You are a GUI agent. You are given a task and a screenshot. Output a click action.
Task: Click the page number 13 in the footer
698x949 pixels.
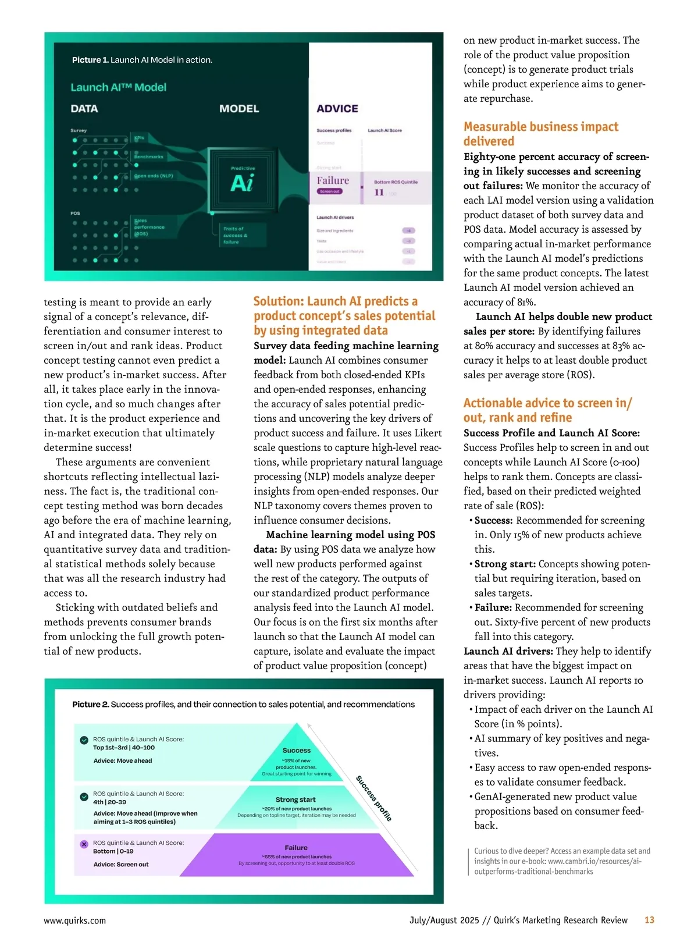649,920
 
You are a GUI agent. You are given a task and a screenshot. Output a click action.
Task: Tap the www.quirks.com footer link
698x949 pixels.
75,920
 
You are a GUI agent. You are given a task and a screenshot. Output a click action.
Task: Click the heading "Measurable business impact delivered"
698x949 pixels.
540,134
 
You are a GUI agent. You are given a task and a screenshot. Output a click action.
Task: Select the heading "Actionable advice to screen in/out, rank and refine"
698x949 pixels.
547,410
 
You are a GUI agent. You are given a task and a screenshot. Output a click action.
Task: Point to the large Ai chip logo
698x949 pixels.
242,183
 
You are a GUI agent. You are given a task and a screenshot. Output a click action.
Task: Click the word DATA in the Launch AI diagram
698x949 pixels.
84,109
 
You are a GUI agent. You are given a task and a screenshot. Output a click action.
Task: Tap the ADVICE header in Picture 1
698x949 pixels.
337,109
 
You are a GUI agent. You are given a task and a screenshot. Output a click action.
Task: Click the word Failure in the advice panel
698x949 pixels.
333,180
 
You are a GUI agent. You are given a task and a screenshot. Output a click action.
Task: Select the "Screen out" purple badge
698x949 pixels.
330,191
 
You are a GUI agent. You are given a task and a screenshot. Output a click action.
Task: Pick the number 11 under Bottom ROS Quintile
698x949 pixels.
379,193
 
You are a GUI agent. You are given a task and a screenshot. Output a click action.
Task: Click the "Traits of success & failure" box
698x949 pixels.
236,235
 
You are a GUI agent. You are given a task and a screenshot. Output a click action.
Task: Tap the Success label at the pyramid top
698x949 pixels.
297,751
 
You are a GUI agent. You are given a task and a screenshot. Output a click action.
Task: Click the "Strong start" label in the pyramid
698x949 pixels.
295,799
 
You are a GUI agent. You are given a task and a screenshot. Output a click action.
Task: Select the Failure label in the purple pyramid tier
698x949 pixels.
296,848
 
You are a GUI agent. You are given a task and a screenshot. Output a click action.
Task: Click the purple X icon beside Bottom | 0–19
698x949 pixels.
84,844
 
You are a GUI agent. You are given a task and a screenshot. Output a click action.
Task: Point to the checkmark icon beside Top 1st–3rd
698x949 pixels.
84,740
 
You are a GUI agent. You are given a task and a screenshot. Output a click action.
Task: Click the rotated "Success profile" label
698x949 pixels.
373,798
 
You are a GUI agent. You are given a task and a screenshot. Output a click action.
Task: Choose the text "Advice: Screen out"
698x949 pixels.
121,865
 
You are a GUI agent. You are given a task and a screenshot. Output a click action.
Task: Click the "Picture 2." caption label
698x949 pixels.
90,705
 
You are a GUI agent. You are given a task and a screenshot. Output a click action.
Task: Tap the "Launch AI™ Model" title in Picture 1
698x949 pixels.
118,87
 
